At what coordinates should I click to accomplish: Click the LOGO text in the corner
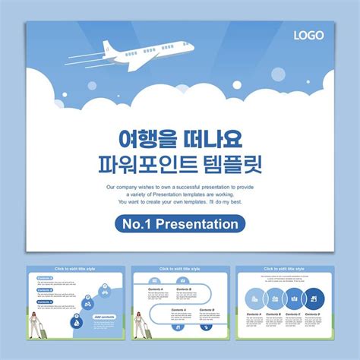[309, 35]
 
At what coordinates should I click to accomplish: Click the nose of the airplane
[191, 46]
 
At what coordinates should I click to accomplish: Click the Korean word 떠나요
[212, 138]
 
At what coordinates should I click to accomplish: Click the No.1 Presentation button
[181, 224]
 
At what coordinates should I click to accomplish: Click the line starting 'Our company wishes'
[180, 187]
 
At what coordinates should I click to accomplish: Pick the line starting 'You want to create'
[180, 203]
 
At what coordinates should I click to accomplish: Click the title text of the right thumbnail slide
[284, 269]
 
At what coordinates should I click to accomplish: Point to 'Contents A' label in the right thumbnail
[254, 314]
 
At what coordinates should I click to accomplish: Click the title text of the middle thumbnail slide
[180, 269]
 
